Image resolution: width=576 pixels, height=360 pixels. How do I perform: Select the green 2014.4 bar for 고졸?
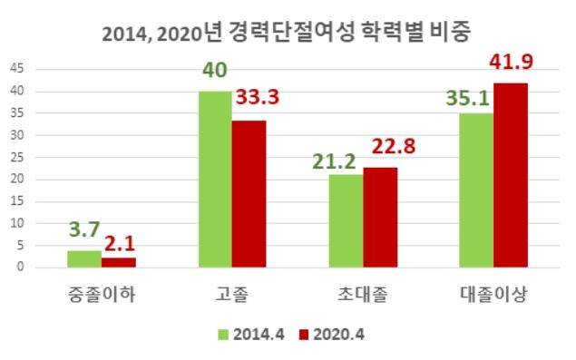point(214,180)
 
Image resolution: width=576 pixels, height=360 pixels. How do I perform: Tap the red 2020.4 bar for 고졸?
point(249,194)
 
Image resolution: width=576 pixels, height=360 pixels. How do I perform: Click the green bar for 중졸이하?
point(84,258)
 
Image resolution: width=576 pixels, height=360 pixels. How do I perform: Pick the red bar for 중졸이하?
point(118,262)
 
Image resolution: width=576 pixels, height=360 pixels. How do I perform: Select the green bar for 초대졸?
point(346,220)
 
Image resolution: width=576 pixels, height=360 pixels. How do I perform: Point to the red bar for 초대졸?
point(380,217)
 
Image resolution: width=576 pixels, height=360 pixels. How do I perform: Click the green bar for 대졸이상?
point(476,190)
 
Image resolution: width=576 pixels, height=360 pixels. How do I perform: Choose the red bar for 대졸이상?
point(510,175)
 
